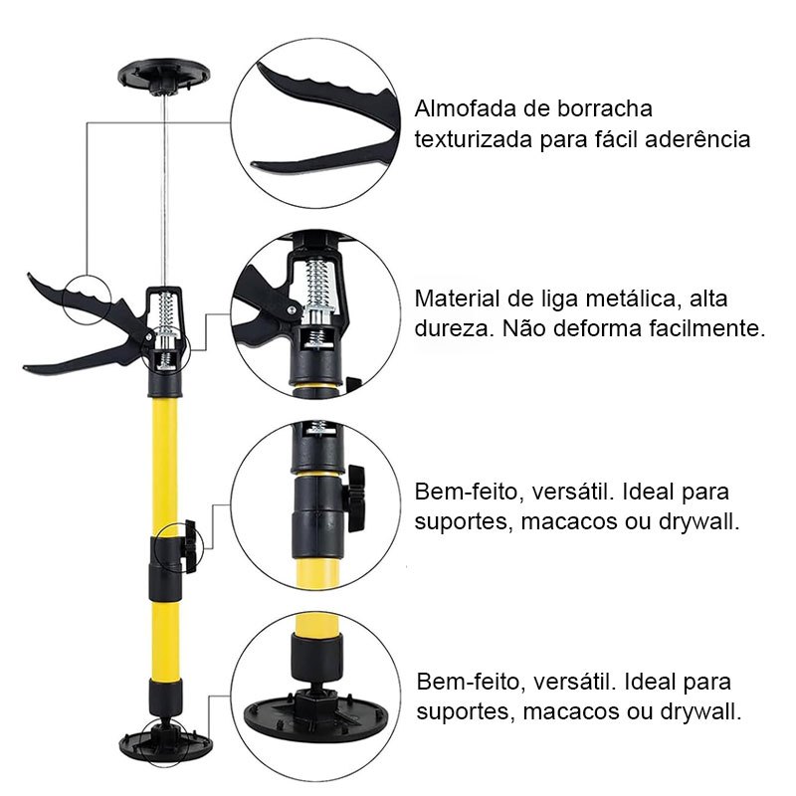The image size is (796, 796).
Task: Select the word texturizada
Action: (x=473, y=139)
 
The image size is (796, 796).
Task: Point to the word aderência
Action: (x=697, y=139)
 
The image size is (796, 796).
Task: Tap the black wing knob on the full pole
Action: (x=190, y=545)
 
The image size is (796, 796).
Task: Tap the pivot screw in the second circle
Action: (x=292, y=309)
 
